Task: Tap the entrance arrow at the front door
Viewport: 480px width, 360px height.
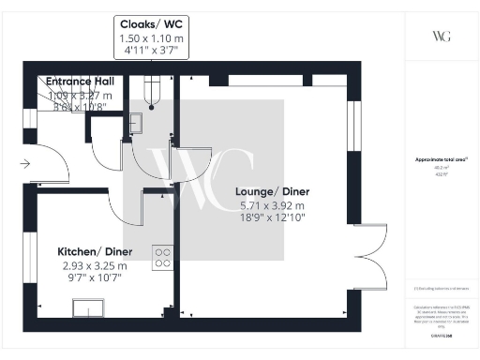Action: pos(23,164)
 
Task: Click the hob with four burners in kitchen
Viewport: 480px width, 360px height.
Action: pos(162,256)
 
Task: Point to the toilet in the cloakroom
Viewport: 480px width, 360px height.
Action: pos(153,92)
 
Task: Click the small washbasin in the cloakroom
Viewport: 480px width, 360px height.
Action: pos(136,121)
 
